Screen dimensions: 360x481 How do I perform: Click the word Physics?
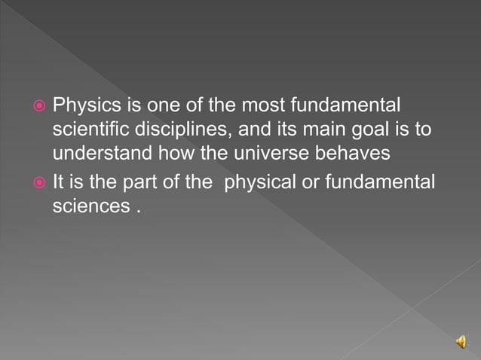tap(81, 105)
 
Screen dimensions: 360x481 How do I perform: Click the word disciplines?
tap(182, 129)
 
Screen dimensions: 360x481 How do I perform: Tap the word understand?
tap(103, 154)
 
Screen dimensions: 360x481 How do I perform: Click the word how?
tap(175, 154)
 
